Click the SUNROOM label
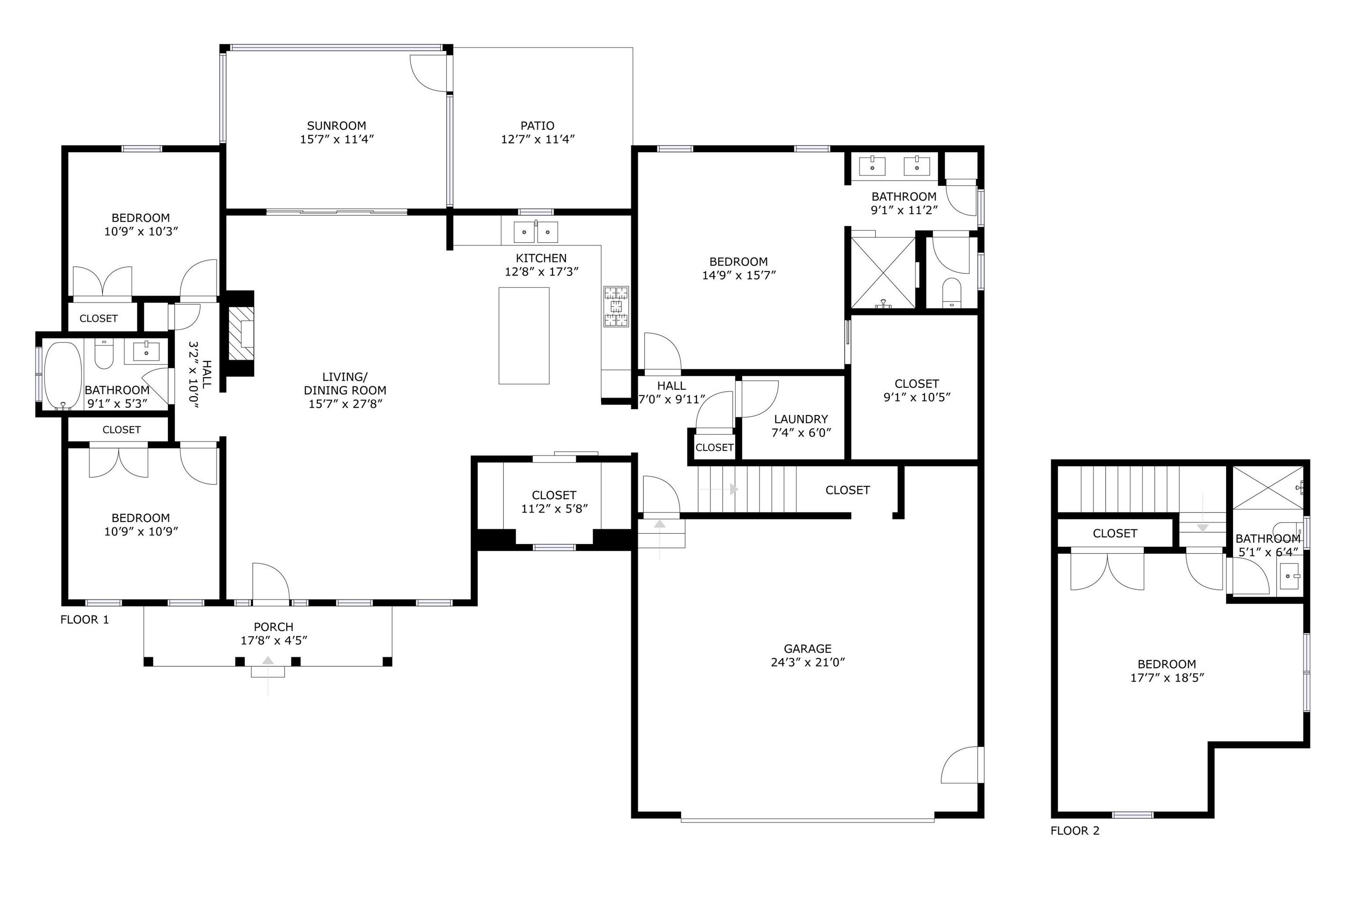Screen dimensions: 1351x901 pos(336,126)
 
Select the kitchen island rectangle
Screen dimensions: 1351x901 pos(524,336)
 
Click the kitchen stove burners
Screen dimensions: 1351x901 pos(616,306)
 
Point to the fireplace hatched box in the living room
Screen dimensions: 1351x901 pos(241,333)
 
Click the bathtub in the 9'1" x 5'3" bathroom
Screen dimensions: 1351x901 pos(63,375)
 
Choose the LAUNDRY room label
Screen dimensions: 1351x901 pos(801,419)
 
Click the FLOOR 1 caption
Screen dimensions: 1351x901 pos(84,619)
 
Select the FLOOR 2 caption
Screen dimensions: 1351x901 pos(1074,831)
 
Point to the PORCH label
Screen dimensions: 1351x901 pos(274,627)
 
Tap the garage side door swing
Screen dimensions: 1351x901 pos(960,765)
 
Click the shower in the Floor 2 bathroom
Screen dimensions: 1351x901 pos(1268,487)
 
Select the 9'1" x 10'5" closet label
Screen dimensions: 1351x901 pos(916,391)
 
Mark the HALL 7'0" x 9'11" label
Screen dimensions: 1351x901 pos(672,392)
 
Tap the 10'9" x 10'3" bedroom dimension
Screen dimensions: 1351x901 pos(141,232)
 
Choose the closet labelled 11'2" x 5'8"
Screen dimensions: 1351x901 pos(554,501)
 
